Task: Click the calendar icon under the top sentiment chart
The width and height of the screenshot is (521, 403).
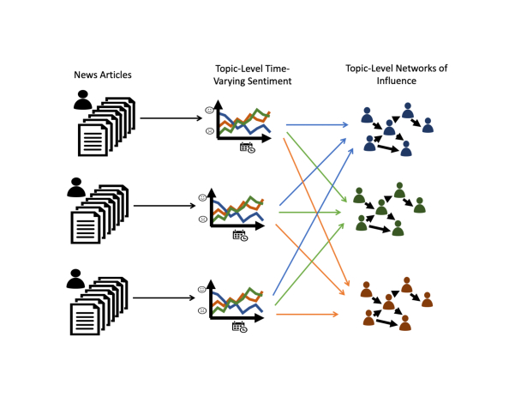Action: click(247, 147)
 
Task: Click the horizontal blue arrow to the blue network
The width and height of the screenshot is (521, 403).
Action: click(317, 125)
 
